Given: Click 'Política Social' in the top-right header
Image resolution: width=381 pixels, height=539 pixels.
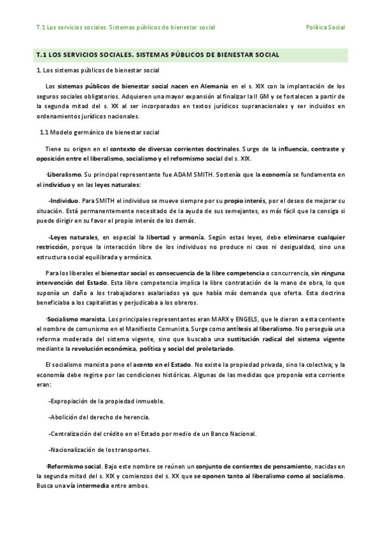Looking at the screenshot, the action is click(325, 28).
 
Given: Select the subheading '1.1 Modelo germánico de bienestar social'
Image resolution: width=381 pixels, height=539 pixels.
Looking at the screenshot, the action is click(99, 132).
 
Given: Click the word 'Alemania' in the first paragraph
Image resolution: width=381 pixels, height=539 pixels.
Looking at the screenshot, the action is click(209, 85).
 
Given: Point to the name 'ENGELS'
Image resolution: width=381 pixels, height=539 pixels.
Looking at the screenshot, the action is click(279, 318).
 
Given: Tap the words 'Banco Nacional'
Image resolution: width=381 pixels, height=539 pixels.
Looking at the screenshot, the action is click(233, 433).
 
